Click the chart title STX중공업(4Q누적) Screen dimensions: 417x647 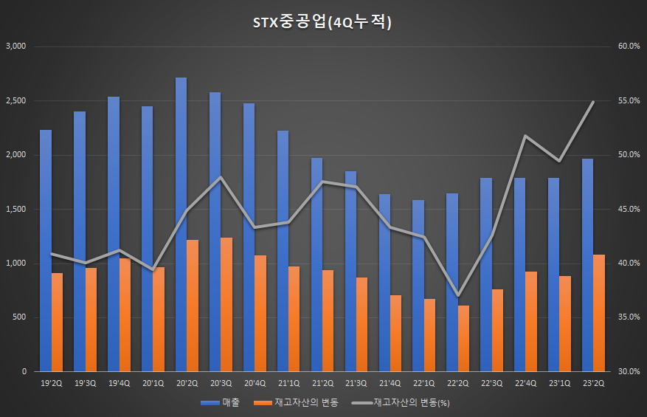[x=323, y=23]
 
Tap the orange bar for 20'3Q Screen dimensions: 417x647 [x=226, y=304]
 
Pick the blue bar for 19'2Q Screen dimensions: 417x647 [x=46, y=251]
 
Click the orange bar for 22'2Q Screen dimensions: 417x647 [x=463, y=338]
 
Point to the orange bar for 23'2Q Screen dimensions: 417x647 [x=599, y=313]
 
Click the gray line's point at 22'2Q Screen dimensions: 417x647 [x=457, y=296]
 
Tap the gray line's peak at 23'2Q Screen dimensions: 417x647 [x=593, y=102]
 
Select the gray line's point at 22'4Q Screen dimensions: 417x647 [x=525, y=136]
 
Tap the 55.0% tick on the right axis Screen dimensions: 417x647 [x=629, y=100]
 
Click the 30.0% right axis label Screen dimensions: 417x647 [x=629, y=372]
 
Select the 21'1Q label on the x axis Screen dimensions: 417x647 [x=288, y=383]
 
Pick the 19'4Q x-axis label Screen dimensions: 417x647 [x=119, y=383]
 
